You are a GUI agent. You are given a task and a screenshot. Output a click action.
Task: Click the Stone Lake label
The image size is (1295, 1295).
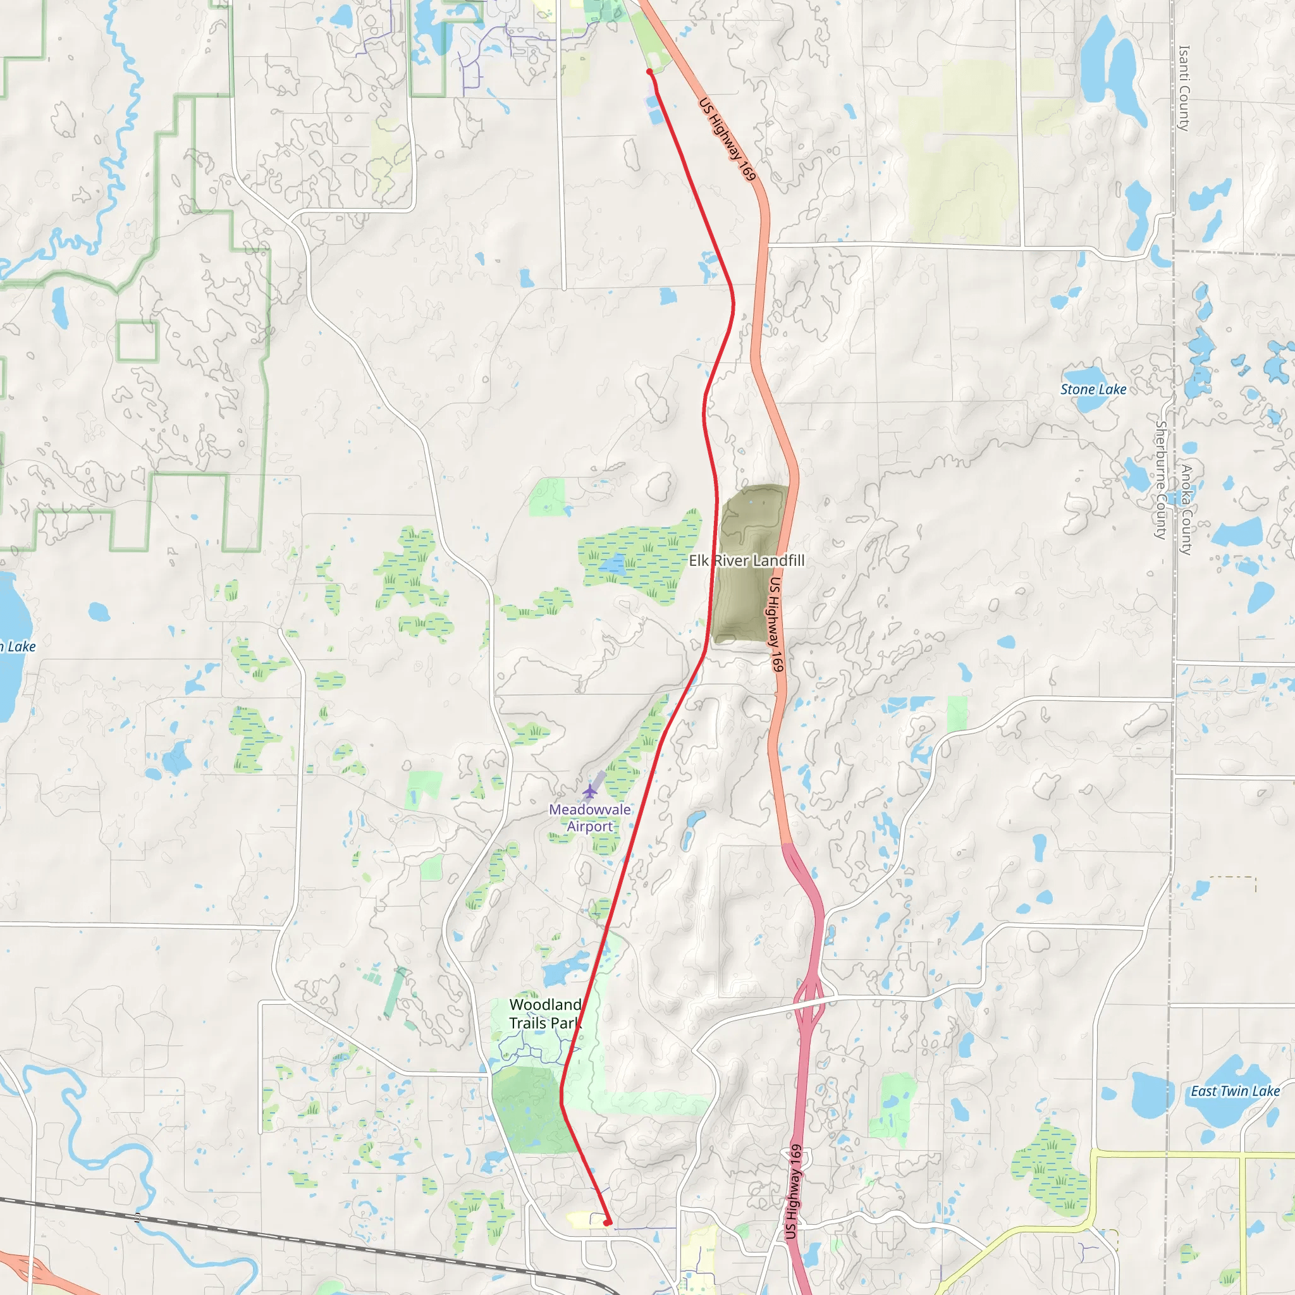1093,390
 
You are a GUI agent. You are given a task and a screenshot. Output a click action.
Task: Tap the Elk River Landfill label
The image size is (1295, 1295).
747,560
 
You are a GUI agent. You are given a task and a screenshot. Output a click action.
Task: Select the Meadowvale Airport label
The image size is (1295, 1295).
589,818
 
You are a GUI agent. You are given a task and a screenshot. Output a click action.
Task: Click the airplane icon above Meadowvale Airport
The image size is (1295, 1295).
589,792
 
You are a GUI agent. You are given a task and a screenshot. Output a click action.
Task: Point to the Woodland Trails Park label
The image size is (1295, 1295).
545,1014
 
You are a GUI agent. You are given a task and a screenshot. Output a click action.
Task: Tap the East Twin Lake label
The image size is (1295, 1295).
1235,1091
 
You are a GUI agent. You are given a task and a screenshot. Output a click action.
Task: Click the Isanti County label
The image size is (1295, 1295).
1184,88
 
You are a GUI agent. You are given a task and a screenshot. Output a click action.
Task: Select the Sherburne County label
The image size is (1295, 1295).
1160,479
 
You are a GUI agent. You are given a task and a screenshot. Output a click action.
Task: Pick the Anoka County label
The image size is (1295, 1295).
1186,510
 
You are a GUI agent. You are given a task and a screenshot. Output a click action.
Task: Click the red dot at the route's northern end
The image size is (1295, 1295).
649,71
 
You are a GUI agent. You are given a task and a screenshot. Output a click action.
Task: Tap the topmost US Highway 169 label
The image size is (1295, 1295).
727,139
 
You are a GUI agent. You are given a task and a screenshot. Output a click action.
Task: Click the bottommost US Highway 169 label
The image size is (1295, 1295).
793,1191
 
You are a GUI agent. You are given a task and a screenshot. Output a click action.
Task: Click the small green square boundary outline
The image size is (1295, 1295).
137,341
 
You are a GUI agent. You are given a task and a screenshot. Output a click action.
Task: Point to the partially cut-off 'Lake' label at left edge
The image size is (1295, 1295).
18,647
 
